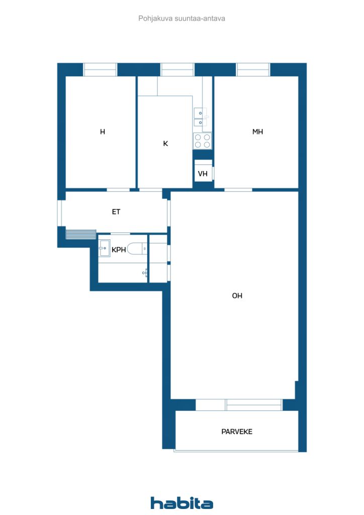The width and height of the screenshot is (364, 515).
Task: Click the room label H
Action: coord(103,132)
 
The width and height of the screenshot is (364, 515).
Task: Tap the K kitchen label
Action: coord(165,143)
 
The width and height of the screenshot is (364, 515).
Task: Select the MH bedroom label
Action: coord(257,132)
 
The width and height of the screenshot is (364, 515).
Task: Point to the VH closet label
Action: coord(203,174)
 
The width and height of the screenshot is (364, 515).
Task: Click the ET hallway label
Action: coord(116,212)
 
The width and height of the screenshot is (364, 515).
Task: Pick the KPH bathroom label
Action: coord(119,250)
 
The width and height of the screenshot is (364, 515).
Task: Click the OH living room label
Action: coord(237,296)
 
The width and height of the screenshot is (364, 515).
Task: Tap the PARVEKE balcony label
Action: coord(237,432)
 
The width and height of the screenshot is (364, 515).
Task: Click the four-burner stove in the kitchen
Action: coord(202,141)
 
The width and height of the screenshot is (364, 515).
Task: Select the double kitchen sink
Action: coord(200,117)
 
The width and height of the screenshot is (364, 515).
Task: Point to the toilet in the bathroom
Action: coord(137,248)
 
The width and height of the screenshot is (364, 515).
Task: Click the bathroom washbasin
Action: coord(105,248)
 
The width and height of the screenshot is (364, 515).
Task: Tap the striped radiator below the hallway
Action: coord(81,234)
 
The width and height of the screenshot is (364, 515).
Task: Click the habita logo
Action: coord(181,503)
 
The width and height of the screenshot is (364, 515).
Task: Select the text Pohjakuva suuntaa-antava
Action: coord(181,19)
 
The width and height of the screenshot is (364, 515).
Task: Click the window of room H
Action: coord(100,69)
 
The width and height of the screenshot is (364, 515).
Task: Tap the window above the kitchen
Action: coord(177,69)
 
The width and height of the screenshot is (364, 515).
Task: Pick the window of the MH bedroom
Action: coord(253,69)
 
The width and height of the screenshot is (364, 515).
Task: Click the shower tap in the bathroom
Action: coord(145,273)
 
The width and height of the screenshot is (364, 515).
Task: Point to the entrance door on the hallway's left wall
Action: coord(60,213)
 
